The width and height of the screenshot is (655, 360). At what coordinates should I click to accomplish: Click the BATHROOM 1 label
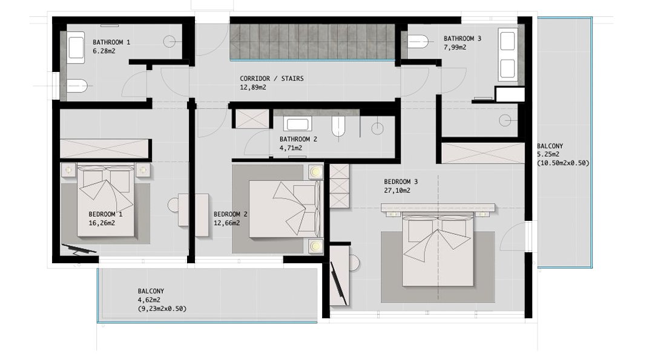(x=111, y=42)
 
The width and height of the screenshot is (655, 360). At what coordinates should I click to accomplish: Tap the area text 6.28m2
(x=104, y=51)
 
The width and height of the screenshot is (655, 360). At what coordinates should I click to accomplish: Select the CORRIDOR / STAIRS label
(x=272, y=79)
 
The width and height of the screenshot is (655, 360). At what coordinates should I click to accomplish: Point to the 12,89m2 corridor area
(x=253, y=87)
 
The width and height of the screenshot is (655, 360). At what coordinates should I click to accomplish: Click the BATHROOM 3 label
(x=462, y=39)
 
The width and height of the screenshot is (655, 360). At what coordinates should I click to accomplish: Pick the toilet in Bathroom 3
(x=418, y=42)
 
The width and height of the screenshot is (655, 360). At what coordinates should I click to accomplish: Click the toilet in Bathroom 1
(x=77, y=86)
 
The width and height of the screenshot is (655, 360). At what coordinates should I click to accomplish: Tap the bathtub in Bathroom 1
(x=76, y=48)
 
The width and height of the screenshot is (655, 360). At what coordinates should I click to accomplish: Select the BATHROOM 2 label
(x=298, y=139)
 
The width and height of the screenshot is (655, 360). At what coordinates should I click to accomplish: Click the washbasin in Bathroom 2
(x=297, y=123)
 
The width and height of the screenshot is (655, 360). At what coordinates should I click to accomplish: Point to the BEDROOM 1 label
(x=105, y=214)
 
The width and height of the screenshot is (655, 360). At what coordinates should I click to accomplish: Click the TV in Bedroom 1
(x=79, y=249)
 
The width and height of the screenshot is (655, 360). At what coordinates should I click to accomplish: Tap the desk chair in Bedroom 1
(x=173, y=205)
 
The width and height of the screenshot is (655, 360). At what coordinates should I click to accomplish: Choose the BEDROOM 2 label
(x=230, y=214)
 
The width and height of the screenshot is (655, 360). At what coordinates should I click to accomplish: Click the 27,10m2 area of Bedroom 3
(x=397, y=191)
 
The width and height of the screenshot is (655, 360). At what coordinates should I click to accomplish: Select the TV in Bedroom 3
(x=339, y=284)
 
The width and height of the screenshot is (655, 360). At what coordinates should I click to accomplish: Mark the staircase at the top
(x=312, y=42)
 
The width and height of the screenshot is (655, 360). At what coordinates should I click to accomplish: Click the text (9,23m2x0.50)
(x=162, y=309)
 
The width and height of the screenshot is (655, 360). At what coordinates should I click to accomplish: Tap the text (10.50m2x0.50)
(x=563, y=163)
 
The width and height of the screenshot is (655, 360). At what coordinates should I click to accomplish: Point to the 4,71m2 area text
(x=291, y=148)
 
